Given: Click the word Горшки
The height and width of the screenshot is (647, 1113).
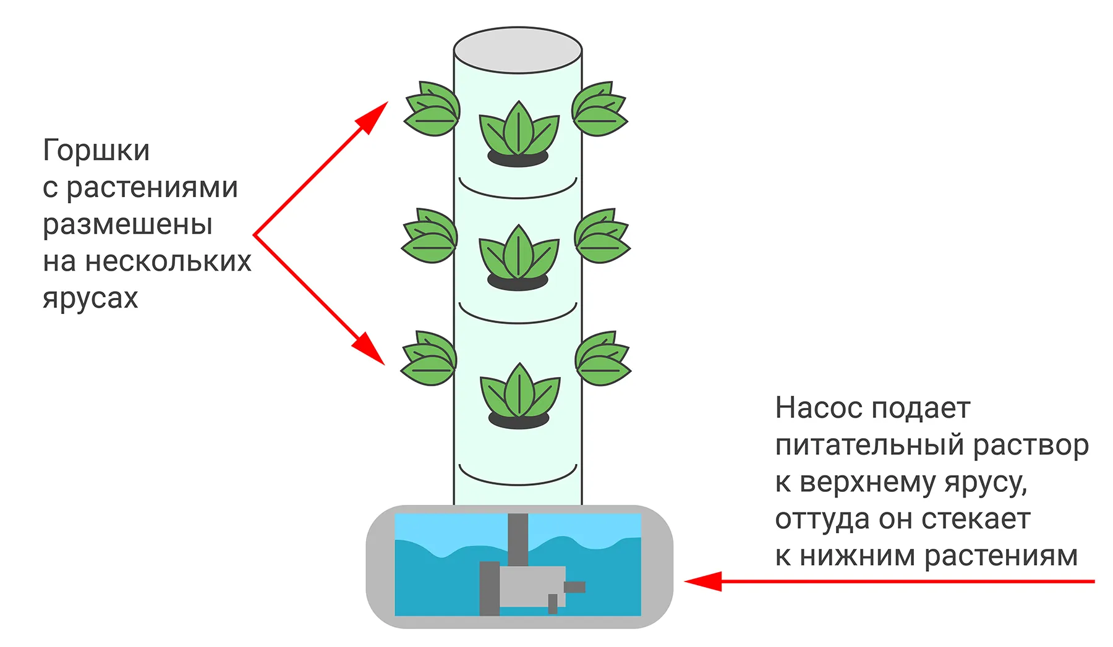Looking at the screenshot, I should pos(96,150).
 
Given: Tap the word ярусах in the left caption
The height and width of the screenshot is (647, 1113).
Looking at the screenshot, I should pos(90,298).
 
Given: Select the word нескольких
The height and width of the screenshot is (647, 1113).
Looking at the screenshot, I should pos(168,261).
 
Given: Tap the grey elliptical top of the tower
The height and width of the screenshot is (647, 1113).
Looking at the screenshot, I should pos(518,49).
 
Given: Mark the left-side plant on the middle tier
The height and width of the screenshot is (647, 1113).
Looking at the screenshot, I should pos(430,236).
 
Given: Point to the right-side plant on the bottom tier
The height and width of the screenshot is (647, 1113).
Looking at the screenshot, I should pos(602,359).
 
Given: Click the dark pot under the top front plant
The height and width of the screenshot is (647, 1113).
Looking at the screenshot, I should pos(518,159).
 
